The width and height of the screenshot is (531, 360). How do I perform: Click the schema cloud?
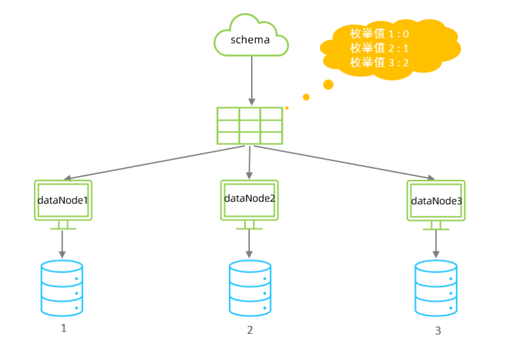(250, 39)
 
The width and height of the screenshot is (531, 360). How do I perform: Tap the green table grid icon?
(250, 125)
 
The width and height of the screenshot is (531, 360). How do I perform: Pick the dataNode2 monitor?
(249, 199)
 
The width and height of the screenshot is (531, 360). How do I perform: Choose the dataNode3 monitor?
(436, 201)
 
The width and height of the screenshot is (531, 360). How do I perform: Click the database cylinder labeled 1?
(62, 288)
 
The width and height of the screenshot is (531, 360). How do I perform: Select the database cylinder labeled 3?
(436, 289)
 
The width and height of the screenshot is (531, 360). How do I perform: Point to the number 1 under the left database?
(63, 329)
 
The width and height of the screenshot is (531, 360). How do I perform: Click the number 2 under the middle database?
(250, 331)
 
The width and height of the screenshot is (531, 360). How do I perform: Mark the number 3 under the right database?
(437, 331)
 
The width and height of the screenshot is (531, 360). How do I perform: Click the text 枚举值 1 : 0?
(379, 33)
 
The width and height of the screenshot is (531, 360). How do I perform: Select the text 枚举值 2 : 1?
(379, 48)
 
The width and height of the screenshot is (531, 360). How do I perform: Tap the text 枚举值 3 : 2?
(379, 63)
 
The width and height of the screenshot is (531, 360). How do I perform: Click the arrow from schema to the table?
(250, 79)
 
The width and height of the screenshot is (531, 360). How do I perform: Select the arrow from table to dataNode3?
(343, 162)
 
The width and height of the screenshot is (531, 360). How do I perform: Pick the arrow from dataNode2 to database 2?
(249, 243)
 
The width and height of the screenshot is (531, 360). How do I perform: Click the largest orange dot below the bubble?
(328, 84)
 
